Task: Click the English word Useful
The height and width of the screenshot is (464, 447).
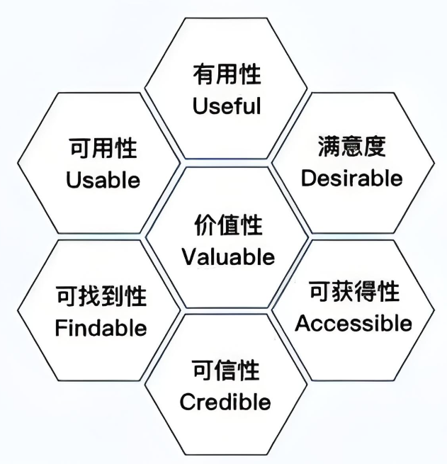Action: coord(227,106)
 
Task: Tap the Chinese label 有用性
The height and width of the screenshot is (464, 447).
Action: coord(227,74)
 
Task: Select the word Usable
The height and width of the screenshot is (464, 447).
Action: coord(103,180)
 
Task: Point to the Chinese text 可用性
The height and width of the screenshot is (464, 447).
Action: coord(103,149)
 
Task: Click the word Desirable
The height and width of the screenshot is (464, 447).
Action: coord(351,179)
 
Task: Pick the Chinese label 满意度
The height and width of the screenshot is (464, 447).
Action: coord(351,147)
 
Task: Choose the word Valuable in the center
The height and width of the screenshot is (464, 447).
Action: coord(228,256)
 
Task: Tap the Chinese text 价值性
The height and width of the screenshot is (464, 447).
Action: coord(228,225)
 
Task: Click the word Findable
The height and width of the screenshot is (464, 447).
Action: coord(101,328)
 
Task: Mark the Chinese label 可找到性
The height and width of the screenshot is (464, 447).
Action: coord(101,296)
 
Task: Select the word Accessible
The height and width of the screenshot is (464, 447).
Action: coord(353,324)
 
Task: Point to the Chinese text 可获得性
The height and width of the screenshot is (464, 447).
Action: coord(354,292)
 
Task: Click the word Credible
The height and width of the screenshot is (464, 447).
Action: coord(225,402)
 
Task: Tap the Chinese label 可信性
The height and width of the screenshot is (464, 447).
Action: coord(226,371)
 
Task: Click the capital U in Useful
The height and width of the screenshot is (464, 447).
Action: coord(200,106)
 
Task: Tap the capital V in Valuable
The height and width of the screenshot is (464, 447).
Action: coord(188,256)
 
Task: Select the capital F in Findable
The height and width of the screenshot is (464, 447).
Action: coord(60,328)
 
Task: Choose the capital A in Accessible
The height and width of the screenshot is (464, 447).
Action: coord(302,324)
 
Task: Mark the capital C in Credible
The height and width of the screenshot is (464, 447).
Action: coord(187,402)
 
